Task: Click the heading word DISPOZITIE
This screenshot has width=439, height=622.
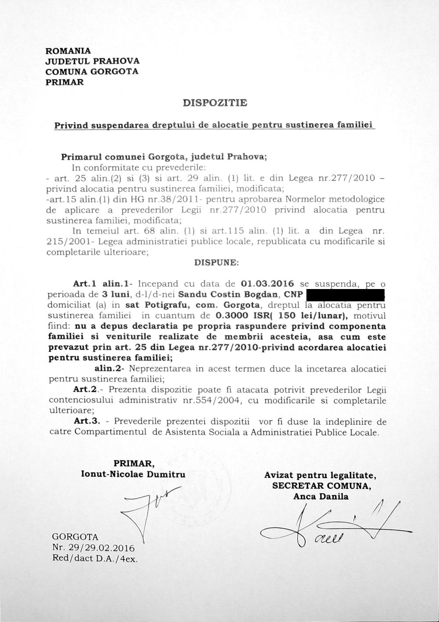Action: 215,103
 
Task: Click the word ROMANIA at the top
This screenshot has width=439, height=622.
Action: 68,51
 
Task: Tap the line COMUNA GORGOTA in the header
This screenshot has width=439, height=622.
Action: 92,71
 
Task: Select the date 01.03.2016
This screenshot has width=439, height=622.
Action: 268,283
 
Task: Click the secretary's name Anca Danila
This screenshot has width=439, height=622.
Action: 321,496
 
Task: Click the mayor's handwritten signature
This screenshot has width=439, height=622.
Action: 149,510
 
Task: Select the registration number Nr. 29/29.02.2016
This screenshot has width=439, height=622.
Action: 93,549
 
